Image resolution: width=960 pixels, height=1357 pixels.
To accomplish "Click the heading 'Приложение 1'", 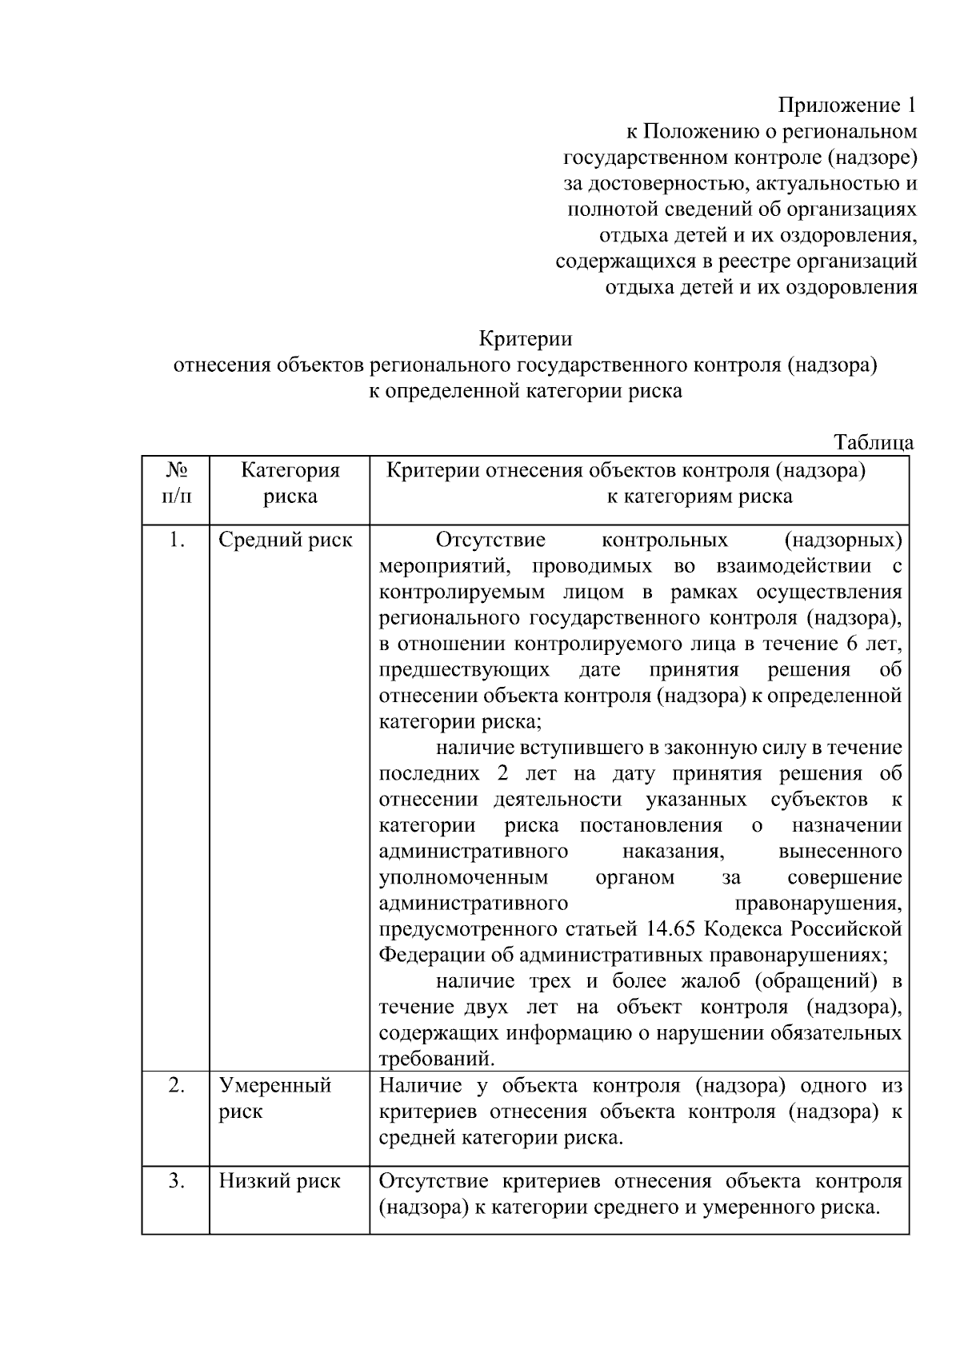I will pyautogui.click(x=846, y=106).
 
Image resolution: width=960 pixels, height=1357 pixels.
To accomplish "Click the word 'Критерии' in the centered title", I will pyautogui.click(x=526, y=339).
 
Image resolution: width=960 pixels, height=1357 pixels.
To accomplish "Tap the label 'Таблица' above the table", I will pyautogui.click(x=874, y=443).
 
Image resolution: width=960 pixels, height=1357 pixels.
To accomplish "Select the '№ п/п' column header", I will pyautogui.click(x=177, y=482).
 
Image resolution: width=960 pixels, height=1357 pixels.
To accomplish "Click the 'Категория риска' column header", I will pyautogui.click(x=290, y=482).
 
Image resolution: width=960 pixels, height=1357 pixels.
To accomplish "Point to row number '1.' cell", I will pyautogui.click(x=177, y=541).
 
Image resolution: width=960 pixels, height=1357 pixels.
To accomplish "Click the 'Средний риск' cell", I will pyautogui.click(x=286, y=541).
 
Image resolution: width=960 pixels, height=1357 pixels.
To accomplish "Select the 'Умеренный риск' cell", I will pyautogui.click(x=275, y=1098).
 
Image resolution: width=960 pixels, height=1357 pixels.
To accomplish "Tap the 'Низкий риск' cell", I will pyautogui.click(x=280, y=1180).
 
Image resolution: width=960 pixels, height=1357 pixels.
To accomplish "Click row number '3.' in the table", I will pyautogui.click(x=177, y=1180).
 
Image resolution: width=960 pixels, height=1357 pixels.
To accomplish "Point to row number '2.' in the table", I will pyautogui.click(x=177, y=1085).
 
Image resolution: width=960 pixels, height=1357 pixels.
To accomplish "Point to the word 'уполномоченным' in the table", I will pyautogui.click(x=463, y=877).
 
